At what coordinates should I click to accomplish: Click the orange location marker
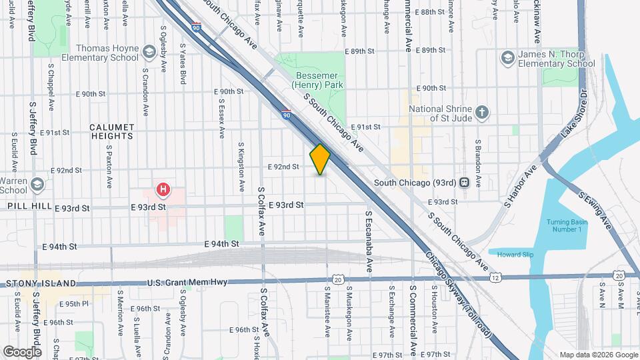[320, 159]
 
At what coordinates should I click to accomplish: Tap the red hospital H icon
[162, 190]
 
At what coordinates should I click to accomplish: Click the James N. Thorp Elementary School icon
[508, 58]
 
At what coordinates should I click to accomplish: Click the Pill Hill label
[29, 207]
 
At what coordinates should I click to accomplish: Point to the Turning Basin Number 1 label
[567, 225]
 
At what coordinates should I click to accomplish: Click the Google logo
[22, 351]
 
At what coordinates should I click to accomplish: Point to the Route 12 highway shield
[497, 277]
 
